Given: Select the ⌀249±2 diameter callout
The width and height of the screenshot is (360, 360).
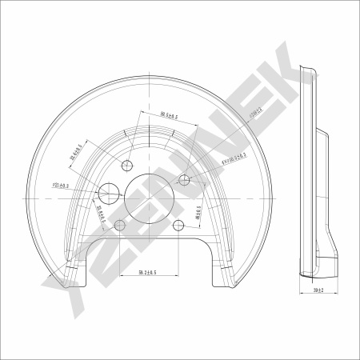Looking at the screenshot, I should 238,125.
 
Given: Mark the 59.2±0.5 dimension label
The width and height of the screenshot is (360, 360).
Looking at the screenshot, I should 146,273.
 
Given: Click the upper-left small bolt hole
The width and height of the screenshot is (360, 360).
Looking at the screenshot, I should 127,166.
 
